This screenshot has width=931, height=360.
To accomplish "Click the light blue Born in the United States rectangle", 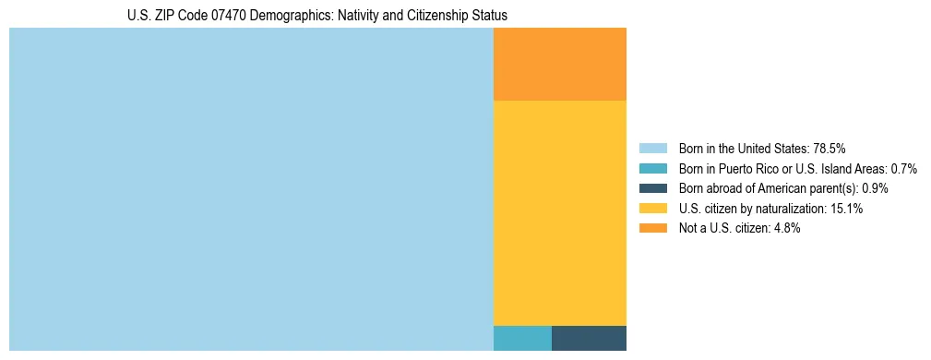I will [251, 189].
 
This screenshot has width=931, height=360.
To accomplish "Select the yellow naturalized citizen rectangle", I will [560, 212].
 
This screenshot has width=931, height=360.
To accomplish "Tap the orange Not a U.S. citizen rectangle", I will [560, 64].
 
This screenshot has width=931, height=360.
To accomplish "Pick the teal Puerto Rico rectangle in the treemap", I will [522, 338].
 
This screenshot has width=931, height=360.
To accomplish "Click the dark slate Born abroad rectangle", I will [589, 338].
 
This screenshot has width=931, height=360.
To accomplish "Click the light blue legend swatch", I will [652, 148].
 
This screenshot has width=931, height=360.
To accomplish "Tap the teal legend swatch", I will [652, 168].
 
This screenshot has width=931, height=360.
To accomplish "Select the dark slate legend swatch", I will [652, 188].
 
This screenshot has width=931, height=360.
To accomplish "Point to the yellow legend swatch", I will [652, 209].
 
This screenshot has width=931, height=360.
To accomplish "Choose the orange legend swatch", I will [652, 229].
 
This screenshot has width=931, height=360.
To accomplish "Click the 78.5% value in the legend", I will [830, 148].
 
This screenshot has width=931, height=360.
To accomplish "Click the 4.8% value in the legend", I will [785, 229].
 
